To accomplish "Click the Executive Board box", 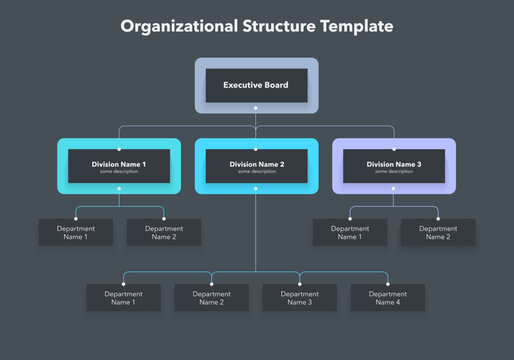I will pyautogui.click(x=256, y=85).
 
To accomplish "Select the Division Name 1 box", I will pyautogui.click(x=119, y=166).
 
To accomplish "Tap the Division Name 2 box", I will pyautogui.click(x=257, y=166).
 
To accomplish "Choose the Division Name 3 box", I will pyautogui.click(x=394, y=166).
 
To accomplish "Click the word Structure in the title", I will pyautogui.click(x=271, y=26).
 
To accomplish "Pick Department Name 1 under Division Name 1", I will pyautogui.click(x=76, y=233).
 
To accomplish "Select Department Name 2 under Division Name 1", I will pyautogui.click(x=164, y=233).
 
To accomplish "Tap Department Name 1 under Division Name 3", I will pyautogui.click(x=350, y=233).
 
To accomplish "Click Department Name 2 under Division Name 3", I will pyautogui.click(x=438, y=233).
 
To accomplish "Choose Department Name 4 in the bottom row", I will pyautogui.click(x=388, y=298).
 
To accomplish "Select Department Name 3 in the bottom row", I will pyautogui.click(x=300, y=298).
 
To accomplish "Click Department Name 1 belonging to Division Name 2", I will pyautogui.click(x=123, y=298).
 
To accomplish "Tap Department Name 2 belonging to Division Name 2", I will pyautogui.click(x=212, y=298).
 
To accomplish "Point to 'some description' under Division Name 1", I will pyautogui.click(x=119, y=171).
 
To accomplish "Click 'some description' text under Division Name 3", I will pyautogui.click(x=394, y=171).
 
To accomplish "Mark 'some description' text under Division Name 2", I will pyautogui.click(x=257, y=171).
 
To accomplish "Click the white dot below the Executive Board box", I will pyautogui.click(x=256, y=107).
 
